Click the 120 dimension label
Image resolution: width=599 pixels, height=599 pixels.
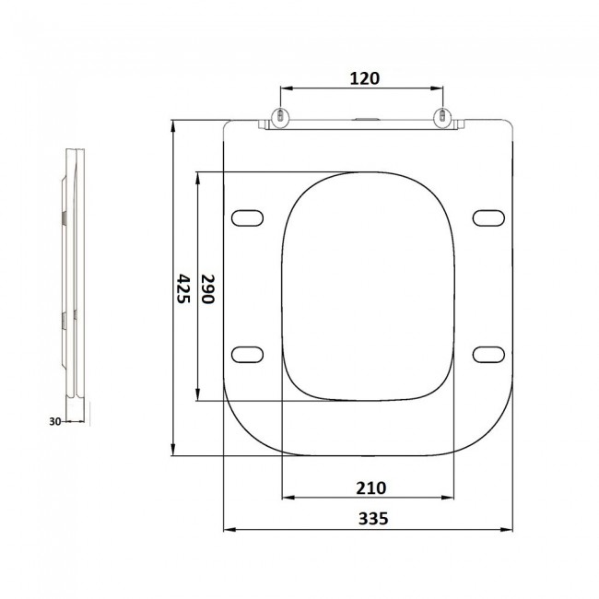365,78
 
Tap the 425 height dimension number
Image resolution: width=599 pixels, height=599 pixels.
183,288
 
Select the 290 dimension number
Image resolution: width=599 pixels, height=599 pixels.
208,288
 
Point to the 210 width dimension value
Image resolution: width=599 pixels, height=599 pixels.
371,487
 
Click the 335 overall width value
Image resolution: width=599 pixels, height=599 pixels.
373,519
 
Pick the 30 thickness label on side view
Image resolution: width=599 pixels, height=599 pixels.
55,421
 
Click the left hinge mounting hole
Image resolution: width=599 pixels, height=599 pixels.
281,115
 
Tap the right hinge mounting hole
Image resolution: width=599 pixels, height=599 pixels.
442,115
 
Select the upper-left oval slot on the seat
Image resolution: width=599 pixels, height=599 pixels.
247,217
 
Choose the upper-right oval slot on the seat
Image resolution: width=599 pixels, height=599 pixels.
488,217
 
